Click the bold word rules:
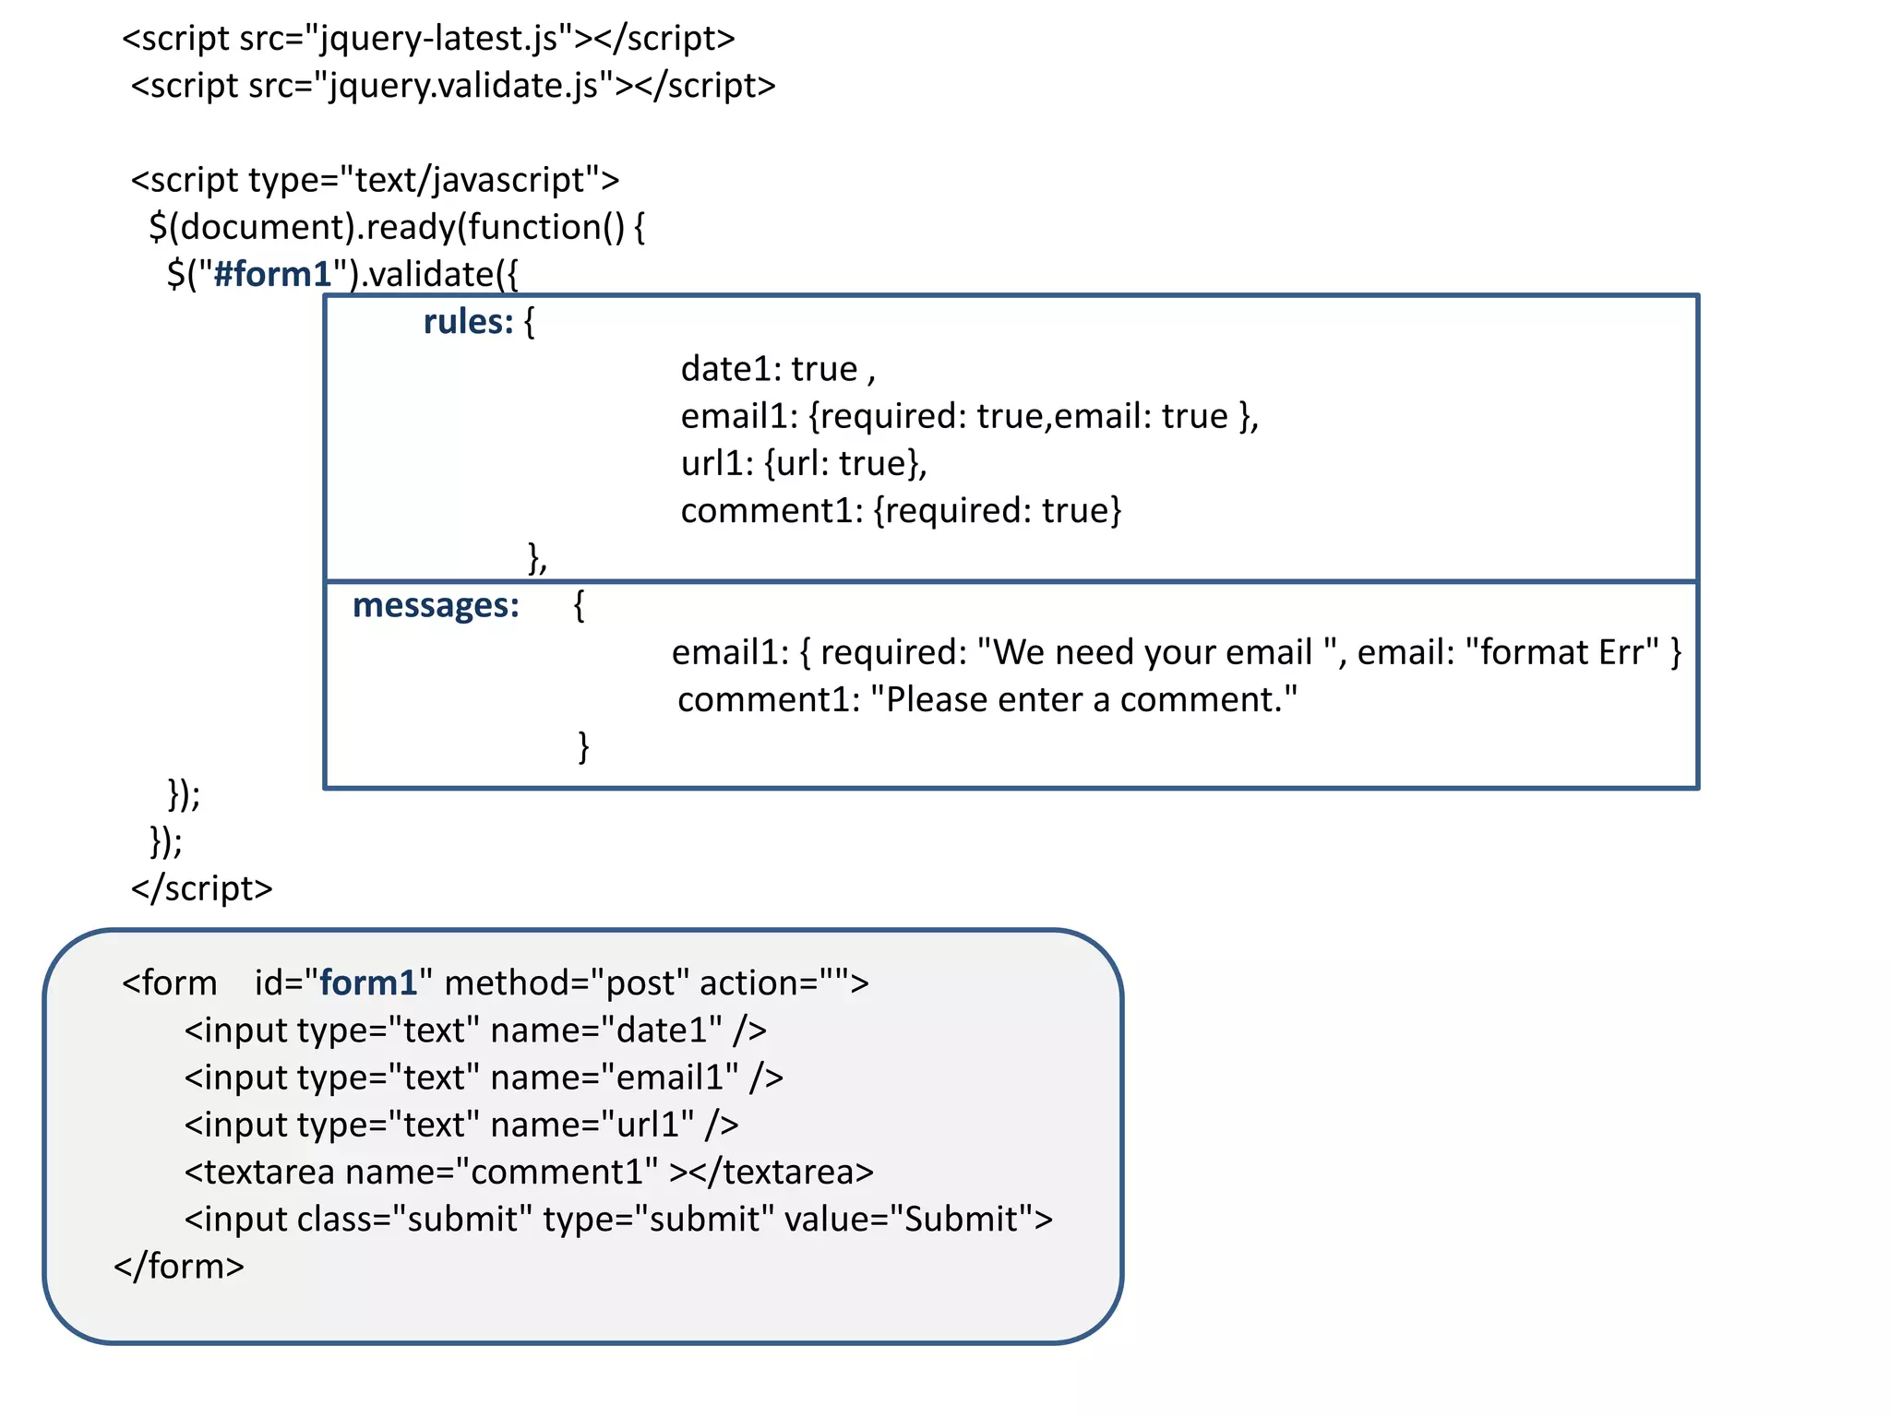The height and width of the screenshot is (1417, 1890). point(467,322)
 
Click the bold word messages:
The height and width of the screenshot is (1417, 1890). point(436,605)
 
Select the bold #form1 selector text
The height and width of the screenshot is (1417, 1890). point(271,274)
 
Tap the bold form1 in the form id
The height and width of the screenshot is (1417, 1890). point(368,982)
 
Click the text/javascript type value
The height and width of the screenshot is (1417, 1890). point(470,180)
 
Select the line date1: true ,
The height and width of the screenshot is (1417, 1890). point(777,369)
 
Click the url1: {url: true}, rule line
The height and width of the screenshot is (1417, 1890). point(803,463)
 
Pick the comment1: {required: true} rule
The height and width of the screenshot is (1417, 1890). point(901,510)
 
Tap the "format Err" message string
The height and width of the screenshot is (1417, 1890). point(1561,652)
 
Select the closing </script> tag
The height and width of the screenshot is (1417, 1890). point(201,888)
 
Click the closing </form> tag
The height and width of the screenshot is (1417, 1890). point(179,1267)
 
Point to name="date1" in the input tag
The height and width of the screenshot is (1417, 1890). point(606,1030)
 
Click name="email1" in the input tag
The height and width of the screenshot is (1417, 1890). point(614,1078)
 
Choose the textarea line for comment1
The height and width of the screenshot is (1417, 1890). point(528,1172)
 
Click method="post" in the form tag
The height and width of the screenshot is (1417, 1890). point(567,983)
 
